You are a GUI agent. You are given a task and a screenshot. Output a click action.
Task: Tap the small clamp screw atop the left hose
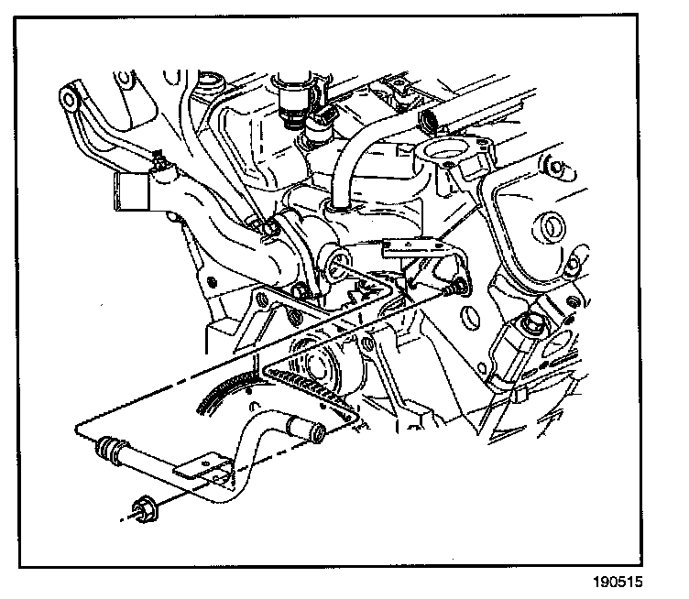click(159, 163)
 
